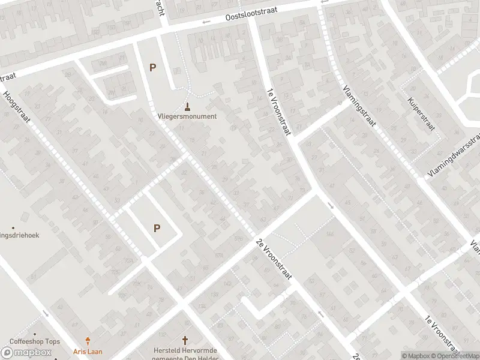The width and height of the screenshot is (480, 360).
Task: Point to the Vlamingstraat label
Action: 360,106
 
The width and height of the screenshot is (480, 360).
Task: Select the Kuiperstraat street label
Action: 420,113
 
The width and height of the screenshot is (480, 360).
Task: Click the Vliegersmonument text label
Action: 187,116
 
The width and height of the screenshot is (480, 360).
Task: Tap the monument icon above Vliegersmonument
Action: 188,107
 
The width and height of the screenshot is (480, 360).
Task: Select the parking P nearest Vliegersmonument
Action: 152,68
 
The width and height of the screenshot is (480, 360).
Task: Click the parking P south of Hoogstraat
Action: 157,228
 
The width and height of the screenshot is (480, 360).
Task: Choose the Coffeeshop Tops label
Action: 34,342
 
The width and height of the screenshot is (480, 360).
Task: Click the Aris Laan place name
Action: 88,351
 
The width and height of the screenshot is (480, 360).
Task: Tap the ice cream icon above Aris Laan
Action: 88,341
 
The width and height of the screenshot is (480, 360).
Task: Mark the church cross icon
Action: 185,340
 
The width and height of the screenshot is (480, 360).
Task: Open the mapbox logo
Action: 26,353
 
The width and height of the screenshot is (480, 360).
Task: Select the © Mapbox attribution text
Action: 416,356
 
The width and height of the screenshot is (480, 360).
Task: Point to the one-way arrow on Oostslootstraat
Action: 206,22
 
